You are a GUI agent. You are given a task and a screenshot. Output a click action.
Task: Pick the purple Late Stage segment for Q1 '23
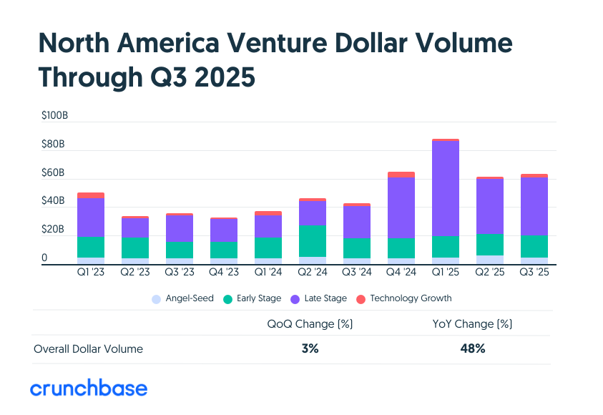[x=91, y=218]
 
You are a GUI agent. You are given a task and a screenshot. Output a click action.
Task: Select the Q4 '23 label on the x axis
[x=224, y=273]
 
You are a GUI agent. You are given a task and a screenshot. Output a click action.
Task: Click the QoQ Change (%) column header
[x=310, y=324]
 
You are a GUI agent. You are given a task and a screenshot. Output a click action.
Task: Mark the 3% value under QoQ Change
[x=309, y=349]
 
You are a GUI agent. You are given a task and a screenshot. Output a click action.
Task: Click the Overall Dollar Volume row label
[x=88, y=349]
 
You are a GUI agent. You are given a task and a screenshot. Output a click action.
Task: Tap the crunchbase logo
[x=88, y=389]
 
